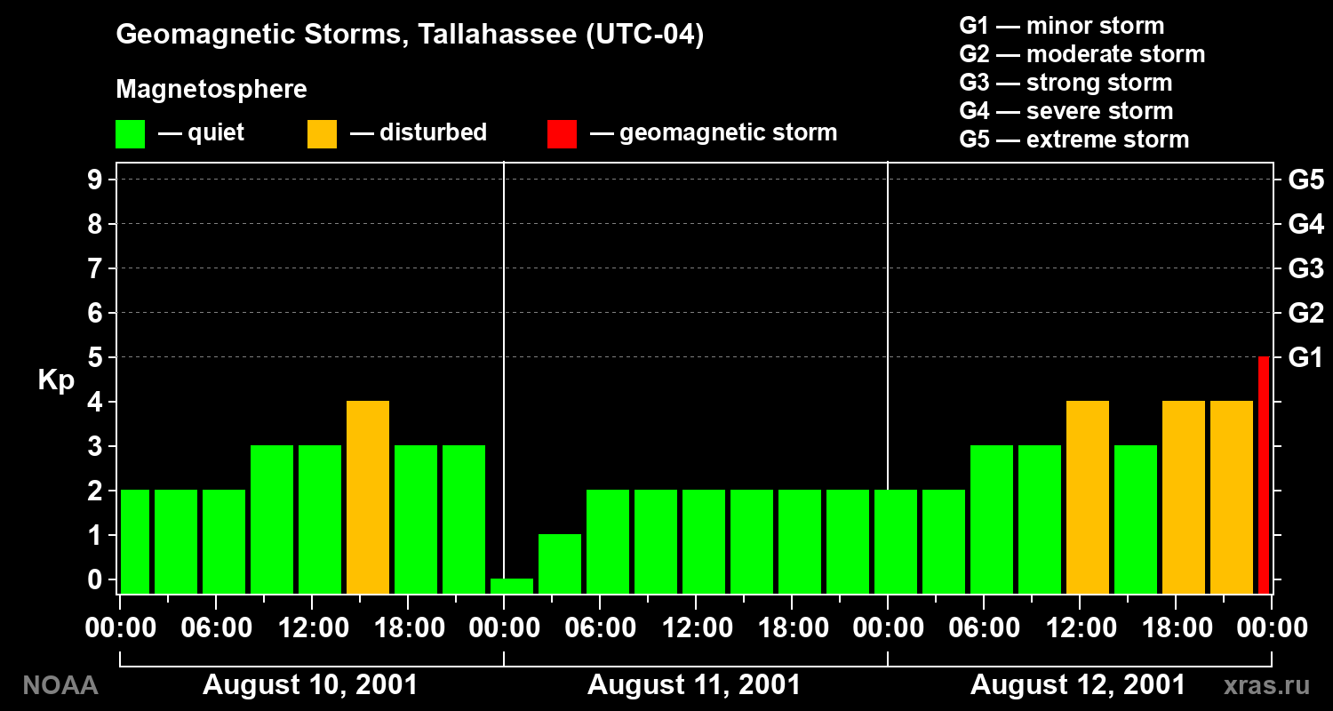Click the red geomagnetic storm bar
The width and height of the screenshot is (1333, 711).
1264,475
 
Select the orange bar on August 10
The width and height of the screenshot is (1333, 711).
368,498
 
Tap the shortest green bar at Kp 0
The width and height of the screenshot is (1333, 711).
512,586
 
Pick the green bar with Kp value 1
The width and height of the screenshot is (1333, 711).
560,564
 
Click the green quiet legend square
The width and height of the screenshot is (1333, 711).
131,134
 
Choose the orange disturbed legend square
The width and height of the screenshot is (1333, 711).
322,134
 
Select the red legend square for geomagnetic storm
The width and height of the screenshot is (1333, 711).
562,134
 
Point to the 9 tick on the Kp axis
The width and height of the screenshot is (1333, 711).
94,180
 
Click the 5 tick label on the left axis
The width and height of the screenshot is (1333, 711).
94,357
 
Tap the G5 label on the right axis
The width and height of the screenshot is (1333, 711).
1306,180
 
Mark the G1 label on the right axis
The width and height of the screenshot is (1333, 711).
1305,357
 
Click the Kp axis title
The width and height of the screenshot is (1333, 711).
56,379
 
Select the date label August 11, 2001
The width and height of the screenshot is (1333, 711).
694,685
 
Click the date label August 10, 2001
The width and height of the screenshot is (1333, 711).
310,685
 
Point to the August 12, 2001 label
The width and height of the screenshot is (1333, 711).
1078,685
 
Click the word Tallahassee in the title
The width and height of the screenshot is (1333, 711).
498,34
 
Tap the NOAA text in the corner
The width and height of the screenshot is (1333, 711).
60,685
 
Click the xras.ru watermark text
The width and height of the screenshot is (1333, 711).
1267,685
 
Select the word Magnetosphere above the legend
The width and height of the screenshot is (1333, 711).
212,89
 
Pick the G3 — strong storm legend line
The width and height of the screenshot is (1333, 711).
1066,83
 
